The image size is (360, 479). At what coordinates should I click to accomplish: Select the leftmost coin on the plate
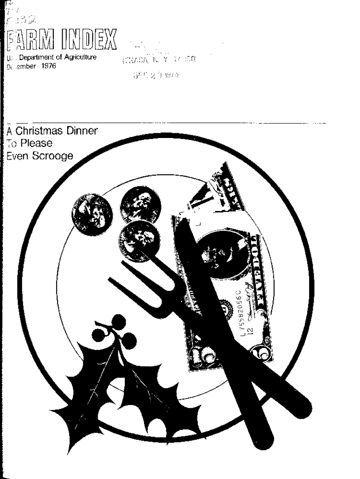92,214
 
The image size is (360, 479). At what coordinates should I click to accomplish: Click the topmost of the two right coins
140,205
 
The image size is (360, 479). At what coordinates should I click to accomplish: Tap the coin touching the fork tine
139,240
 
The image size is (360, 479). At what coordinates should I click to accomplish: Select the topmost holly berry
119,322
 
